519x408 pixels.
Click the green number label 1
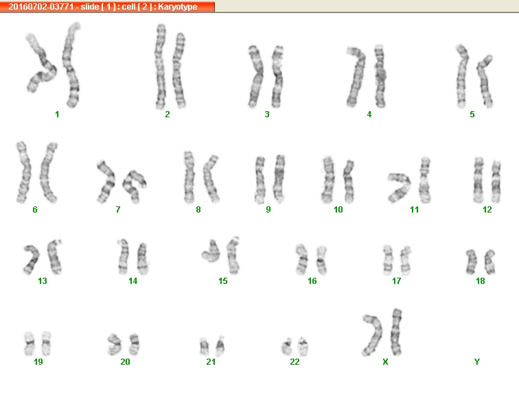(57, 115)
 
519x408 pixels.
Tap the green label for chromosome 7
(118, 210)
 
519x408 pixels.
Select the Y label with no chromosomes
(476, 361)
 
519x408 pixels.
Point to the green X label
(385, 361)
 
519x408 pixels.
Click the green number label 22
(295, 361)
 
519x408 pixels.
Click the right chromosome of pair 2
(179, 70)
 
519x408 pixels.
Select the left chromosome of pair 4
(356, 76)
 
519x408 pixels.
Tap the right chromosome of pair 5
(484, 81)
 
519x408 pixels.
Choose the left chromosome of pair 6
(24, 172)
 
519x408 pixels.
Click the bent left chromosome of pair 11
(400, 187)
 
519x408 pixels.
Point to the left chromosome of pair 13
(32, 260)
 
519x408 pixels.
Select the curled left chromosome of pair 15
(211, 252)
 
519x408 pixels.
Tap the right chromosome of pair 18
(490, 262)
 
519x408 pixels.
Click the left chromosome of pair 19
(29, 344)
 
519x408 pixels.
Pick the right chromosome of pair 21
(220, 346)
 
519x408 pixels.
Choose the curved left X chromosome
(373, 335)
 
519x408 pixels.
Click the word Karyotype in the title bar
(177, 7)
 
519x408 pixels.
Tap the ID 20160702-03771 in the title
(41, 7)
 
